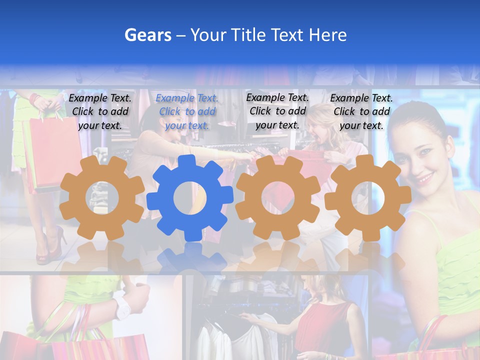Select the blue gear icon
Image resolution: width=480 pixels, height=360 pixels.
click(190, 198)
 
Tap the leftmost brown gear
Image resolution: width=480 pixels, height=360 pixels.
click(102, 198)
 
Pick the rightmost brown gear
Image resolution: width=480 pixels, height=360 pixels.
click(368, 198)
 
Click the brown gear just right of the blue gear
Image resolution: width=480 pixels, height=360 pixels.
click(278, 198)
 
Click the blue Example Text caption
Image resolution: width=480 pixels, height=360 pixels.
click(187, 111)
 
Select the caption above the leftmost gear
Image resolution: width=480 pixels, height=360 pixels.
click(100, 111)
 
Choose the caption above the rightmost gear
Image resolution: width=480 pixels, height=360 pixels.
click(361, 111)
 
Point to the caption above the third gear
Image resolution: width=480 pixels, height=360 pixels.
click(277, 111)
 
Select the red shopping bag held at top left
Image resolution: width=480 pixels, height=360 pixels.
click(50, 150)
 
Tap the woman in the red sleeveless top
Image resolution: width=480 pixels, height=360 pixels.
click(325, 320)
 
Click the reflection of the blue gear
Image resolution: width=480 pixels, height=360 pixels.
click(190, 257)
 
